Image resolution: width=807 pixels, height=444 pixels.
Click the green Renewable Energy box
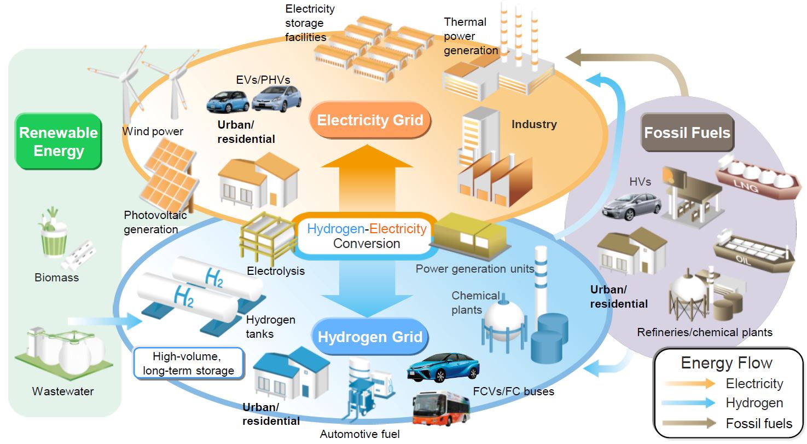click(x=59, y=141)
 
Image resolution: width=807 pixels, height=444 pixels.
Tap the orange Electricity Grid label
click(x=370, y=120)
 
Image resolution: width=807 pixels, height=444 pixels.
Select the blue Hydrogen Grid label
click(x=370, y=336)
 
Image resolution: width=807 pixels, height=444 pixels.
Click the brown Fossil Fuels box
click(x=687, y=132)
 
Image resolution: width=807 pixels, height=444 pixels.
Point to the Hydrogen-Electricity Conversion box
click(x=367, y=236)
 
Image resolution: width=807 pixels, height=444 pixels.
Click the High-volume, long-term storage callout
click(x=189, y=364)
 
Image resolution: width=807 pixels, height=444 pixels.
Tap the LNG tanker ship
click(x=758, y=177)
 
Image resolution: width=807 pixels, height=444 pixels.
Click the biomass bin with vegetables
click(x=53, y=241)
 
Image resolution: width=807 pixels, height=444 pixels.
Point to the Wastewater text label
click(x=63, y=391)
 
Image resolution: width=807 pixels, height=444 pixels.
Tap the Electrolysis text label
click(x=276, y=271)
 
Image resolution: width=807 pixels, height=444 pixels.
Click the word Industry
click(x=534, y=124)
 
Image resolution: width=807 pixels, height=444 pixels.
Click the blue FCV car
click(x=443, y=367)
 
